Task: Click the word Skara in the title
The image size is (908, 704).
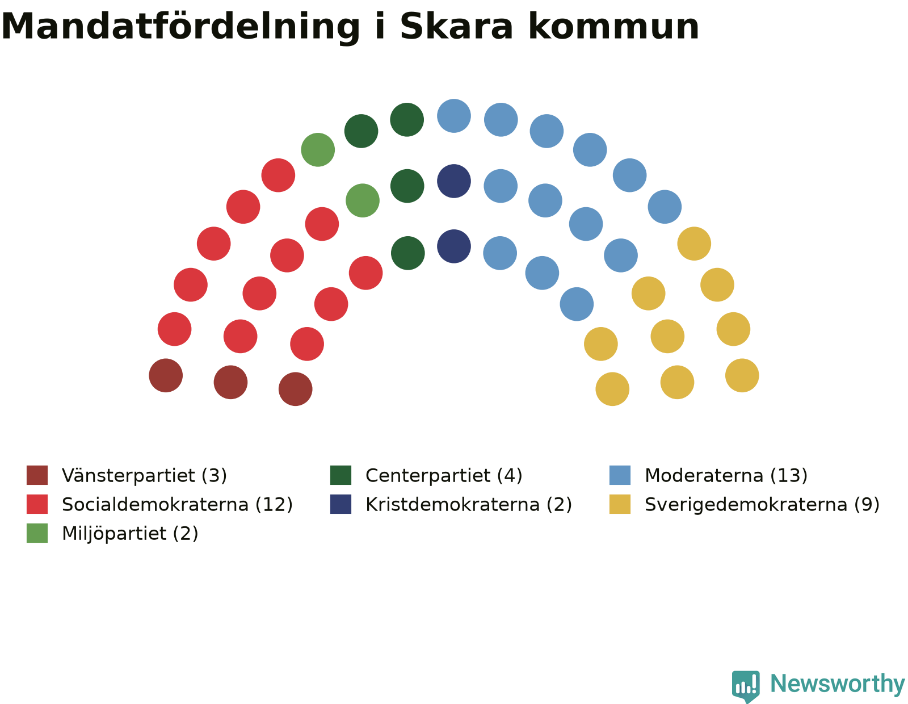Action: [456, 27]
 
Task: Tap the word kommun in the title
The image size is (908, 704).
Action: [613, 27]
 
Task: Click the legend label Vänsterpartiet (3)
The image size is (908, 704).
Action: [144, 476]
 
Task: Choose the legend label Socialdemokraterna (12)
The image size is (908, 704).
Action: [177, 505]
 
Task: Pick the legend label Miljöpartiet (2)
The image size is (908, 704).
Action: [130, 534]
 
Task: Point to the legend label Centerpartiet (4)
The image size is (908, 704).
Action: [444, 476]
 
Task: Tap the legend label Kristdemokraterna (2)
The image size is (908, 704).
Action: [468, 505]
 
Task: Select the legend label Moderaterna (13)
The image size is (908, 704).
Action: [726, 476]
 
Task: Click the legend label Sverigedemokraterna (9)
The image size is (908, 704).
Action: [762, 505]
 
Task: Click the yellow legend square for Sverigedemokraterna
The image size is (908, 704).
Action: [620, 504]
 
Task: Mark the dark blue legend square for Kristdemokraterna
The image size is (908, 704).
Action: [340, 504]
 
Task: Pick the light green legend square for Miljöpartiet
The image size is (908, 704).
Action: [37, 533]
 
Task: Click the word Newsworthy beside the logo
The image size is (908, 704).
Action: [837, 684]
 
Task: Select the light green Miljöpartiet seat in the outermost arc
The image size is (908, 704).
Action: [318, 150]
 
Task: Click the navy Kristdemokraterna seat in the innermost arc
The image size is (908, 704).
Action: [454, 246]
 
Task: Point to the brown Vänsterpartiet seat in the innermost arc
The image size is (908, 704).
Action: [296, 389]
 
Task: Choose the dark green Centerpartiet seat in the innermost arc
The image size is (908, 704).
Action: [408, 253]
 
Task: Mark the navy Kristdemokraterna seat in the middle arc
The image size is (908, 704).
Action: [454, 181]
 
